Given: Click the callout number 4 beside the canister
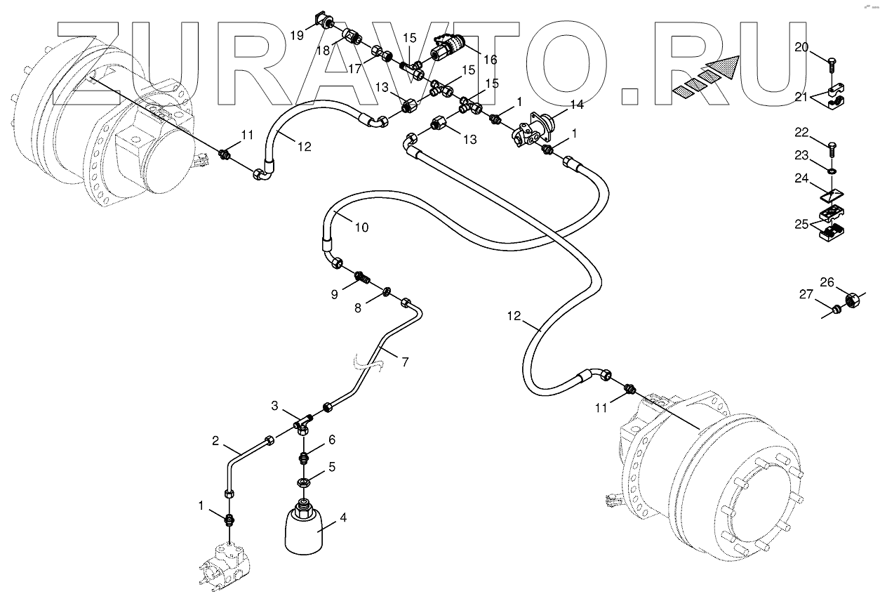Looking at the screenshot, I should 342,518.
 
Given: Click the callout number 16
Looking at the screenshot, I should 490,60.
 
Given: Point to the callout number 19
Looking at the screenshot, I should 297,33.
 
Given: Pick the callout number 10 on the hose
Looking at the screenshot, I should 361,227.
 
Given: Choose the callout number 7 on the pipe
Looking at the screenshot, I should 405,362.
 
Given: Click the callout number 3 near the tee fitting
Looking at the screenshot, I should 276,406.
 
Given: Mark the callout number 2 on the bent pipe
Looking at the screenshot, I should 215,441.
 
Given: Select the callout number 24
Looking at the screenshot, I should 801,178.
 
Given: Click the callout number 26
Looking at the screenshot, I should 827,283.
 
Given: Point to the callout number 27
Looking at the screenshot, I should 806,295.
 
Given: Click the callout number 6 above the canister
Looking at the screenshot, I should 331,440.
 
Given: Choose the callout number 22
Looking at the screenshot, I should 801,132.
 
